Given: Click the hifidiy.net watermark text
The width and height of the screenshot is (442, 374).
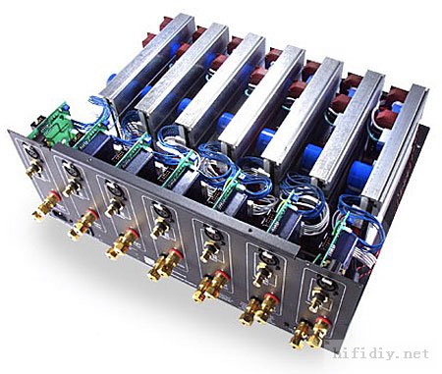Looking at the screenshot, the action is (381, 353).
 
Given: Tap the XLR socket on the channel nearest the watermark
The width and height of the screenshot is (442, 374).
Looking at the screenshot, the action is (322, 283).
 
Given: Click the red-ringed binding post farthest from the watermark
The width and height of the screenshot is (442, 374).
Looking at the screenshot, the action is (48, 203).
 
